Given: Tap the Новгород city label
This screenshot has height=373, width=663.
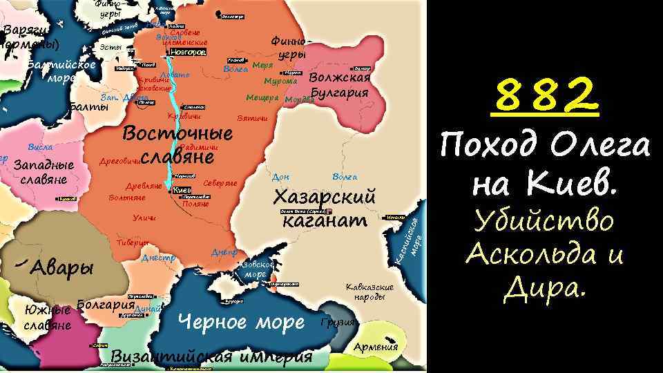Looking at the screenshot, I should tap(187, 52).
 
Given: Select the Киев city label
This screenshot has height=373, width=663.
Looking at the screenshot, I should tap(182, 190).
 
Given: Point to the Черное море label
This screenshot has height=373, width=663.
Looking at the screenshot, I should tap(241, 322).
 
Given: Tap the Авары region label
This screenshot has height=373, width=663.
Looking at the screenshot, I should tap(62, 267).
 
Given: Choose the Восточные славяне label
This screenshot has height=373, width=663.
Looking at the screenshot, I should tap(177, 144).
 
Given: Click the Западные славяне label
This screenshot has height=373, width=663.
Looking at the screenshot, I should tap(44, 173).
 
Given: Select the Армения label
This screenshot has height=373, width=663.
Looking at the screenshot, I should tap(376, 347).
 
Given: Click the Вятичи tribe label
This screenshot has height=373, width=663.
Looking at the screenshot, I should tap(251, 119).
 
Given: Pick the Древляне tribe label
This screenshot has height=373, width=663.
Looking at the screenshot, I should tap(144, 186).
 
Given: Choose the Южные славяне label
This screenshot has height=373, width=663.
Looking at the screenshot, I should tap(47, 317).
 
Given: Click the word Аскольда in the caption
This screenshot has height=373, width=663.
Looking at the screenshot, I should tap(533, 256).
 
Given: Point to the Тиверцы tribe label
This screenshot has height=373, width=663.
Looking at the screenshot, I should tap(132, 242).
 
